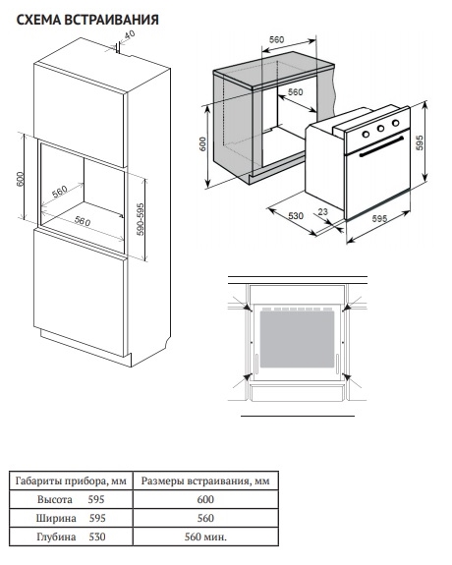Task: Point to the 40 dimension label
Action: point(130,34)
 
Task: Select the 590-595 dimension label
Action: point(141,219)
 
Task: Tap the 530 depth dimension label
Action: point(296,216)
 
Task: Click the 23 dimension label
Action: point(323,212)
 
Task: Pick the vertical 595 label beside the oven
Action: point(420,142)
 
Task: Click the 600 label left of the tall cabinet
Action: point(20,179)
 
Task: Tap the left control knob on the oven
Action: point(366,134)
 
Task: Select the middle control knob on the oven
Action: point(380,128)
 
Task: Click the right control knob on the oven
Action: point(395,123)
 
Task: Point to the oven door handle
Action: point(381,146)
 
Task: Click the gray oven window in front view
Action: point(297,339)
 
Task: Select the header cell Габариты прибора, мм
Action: point(71,480)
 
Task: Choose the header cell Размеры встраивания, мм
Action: point(205,480)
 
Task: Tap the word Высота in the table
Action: point(55,499)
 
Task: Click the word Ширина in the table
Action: point(56,518)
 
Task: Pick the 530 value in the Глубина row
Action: point(97,537)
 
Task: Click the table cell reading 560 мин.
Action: point(205,537)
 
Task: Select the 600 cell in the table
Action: point(205,499)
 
